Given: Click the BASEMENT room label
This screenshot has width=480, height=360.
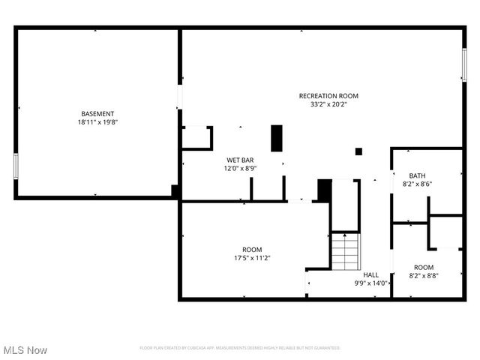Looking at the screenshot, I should pyautogui.click(x=97, y=113).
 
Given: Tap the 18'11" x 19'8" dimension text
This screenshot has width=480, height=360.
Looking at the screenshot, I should pyautogui.click(x=97, y=121).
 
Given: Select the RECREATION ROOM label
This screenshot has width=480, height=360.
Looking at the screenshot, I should pyautogui.click(x=328, y=96).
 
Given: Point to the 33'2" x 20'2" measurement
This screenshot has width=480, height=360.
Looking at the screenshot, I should pyautogui.click(x=328, y=104).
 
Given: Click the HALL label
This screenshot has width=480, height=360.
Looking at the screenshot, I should pyautogui.click(x=371, y=274).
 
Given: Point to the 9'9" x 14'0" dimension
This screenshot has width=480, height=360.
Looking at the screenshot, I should pyautogui.click(x=371, y=283).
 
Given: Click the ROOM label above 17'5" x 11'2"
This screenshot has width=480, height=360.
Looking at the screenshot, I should pyautogui.click(x=252, y=250).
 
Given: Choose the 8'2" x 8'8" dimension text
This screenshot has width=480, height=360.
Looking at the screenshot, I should pyautogui.click(x=424, y=276).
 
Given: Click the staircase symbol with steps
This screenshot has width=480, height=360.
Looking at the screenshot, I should pyautogui.click(x=346, y=252).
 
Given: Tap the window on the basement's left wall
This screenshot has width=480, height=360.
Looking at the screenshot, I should pyautogui.click(x=15, y=166).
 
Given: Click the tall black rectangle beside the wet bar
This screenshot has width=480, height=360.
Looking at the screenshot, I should pyautogui.click(x=277, y=138).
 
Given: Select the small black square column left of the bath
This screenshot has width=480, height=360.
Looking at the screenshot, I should pyautogui.click(x=358, y=151).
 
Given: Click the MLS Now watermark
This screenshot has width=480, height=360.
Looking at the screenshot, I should pyautogui.click(x=25, y=350).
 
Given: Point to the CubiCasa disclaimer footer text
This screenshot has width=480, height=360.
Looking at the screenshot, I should pyautogui.click(x=240, y=348).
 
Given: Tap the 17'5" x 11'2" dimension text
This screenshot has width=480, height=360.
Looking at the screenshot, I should pyautogui.click(x=252, y=258).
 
